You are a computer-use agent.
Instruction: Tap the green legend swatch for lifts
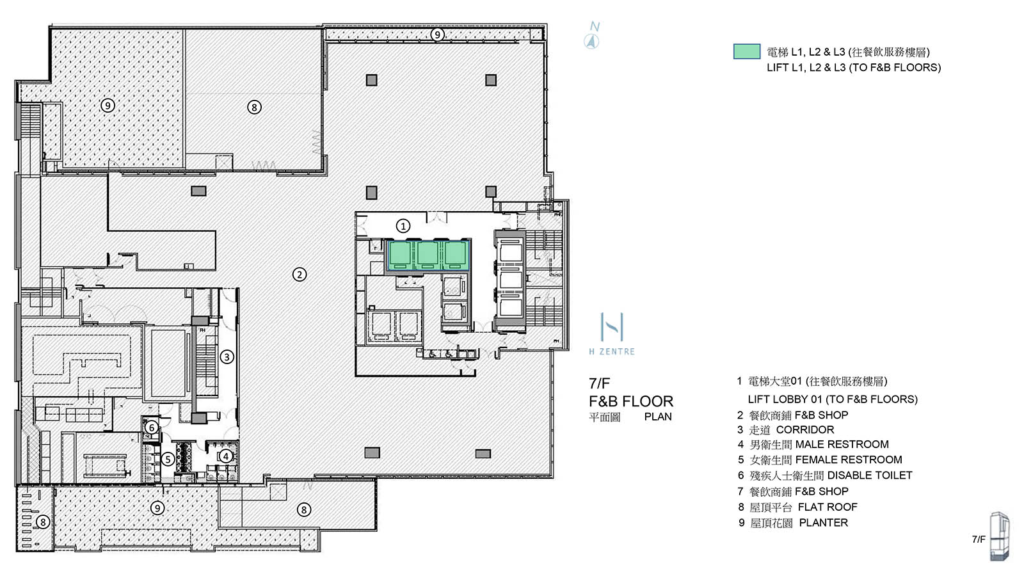click(x=746, y=52)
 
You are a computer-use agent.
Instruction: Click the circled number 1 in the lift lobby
click(x=403, y=226)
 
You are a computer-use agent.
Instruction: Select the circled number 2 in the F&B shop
click(x=300, y=275)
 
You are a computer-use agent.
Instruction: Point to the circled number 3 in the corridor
click(x=227, y=356)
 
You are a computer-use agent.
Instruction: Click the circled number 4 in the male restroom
click(x=225, y=456)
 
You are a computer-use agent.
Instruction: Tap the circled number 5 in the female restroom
click(x=168, y=459)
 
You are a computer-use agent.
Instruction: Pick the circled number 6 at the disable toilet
click(x=152, y=427)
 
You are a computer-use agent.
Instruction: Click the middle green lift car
click(x=428, y=255)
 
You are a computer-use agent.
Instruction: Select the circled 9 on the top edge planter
click(x=437, y=34)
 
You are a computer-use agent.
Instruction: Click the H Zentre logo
click(x=612, y=333)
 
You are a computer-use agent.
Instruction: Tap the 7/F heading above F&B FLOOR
click(x=600, y=383)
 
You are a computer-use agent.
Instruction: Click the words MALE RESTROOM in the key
click(x=842, y=444)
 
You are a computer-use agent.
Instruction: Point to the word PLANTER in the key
click(x=823, y=523)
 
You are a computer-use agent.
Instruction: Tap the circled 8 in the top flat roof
click(x=254, y=107)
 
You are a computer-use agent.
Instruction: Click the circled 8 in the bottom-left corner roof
click(x=43, y=522)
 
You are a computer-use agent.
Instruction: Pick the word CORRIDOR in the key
click(x=804, y=429)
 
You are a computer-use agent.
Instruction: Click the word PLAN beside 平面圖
click(x=658, y=417)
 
